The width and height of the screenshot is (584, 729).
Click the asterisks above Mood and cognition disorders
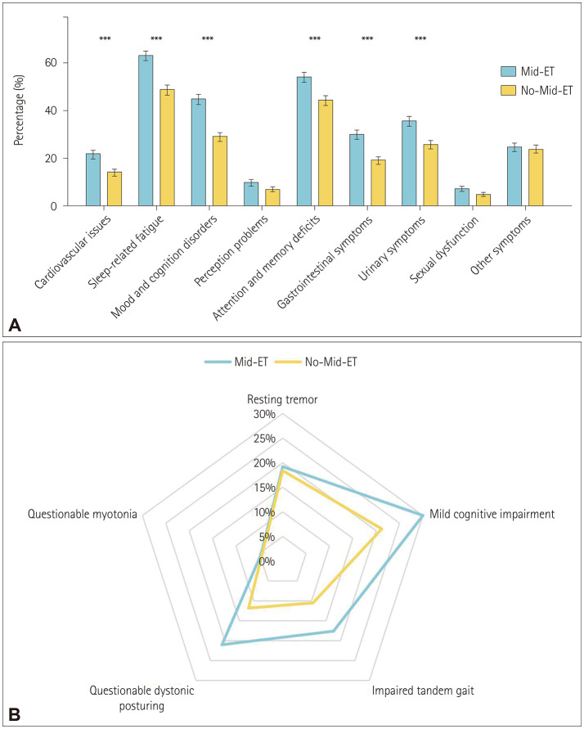207,39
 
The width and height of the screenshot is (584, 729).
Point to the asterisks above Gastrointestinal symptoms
366,39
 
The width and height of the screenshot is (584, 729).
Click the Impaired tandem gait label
422,691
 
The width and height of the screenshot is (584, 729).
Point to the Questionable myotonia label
82,515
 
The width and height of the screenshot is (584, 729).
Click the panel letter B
14,714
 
